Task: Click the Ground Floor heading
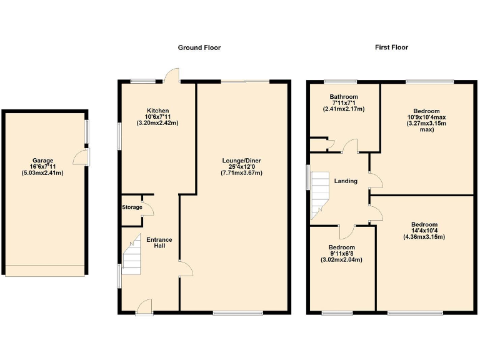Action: point(199,47)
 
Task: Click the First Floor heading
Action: point(391,47)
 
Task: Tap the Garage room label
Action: point(44,160)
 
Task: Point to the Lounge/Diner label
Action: point(241,161)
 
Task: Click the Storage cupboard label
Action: point(131,207)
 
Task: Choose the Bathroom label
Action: point(344,97)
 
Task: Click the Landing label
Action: point(346,181)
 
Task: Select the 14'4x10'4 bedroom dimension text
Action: point(424,231)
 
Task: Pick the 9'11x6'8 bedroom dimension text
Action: point(341,254)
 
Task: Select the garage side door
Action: point(82,157)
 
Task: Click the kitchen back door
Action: point(171,75)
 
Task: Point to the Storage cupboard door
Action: point(147,207)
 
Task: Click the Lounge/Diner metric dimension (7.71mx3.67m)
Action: point(241,172)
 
